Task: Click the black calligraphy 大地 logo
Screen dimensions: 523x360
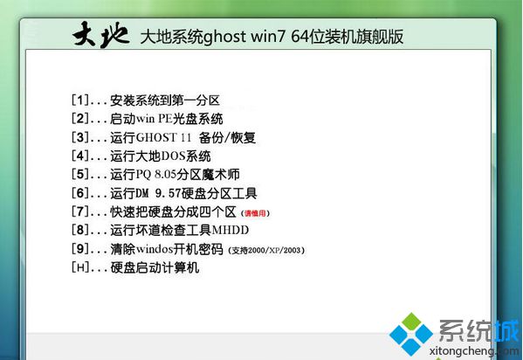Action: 100,35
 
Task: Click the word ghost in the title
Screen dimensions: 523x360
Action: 224,37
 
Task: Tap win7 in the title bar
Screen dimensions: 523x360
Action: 268,37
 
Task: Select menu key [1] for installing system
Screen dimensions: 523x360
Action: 80,100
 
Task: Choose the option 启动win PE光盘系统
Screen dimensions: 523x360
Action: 167,119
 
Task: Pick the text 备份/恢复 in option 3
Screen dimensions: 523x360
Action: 227,137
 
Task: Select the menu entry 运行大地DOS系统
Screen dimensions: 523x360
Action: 161,156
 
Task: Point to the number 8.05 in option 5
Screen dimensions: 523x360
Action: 165,175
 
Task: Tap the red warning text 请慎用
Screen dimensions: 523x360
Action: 255,213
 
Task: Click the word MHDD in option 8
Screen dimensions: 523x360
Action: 231,230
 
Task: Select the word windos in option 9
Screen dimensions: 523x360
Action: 155,249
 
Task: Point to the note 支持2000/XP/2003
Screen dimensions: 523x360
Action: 266,250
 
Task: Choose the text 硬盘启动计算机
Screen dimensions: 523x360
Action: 155,267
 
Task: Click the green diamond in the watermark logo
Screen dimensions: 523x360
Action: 411,321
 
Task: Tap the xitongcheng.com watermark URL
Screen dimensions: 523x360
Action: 473,351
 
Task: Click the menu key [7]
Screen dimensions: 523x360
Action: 80,211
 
